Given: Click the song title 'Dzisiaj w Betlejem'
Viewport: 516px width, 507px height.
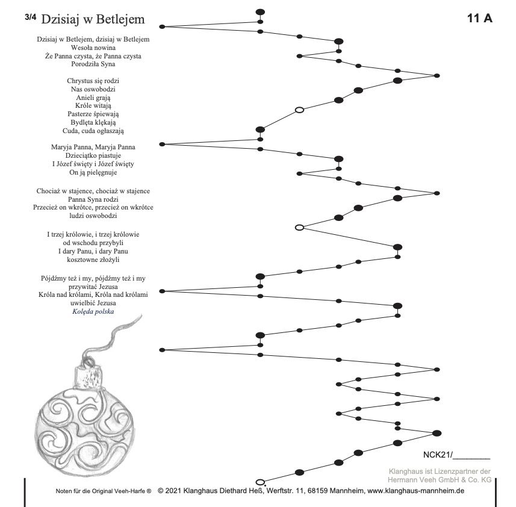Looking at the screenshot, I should (93, 19).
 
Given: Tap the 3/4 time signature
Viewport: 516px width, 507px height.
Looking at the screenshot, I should (31, 17).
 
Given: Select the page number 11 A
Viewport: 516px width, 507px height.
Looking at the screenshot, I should (479, 18).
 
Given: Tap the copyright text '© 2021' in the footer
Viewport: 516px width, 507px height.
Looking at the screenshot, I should (170, 491).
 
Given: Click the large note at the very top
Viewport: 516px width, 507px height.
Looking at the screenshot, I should (260, 11).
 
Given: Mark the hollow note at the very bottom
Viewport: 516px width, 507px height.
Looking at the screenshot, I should (260, 482).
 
